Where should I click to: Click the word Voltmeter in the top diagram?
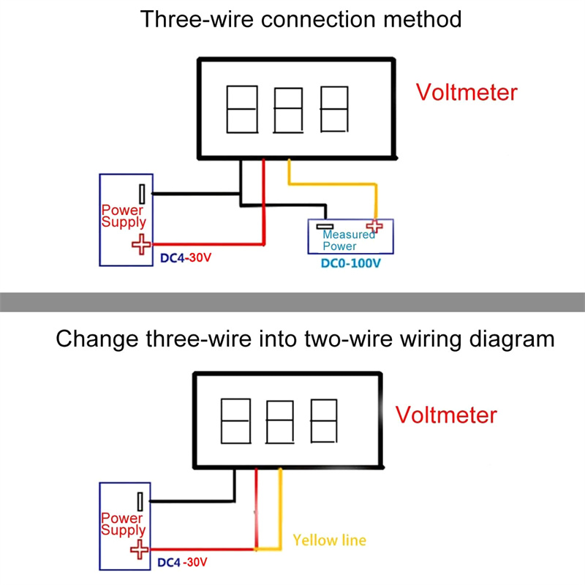467,93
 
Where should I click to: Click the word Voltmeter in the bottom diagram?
446,415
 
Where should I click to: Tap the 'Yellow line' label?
329,540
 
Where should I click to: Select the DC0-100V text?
351,263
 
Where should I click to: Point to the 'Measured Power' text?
350,241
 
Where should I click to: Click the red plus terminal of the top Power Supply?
139,245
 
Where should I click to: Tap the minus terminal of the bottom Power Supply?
139,502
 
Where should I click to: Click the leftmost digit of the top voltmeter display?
241,109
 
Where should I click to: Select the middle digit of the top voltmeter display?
287,110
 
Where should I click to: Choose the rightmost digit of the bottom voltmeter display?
325,420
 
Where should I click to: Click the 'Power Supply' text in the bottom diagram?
124,524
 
